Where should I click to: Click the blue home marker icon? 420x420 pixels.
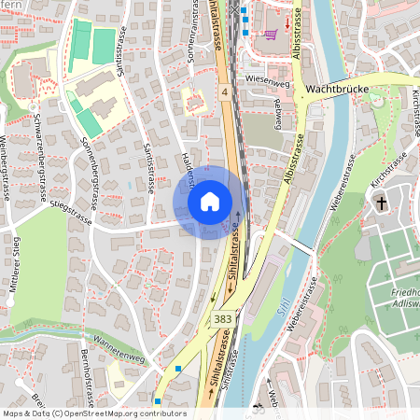point(210,201)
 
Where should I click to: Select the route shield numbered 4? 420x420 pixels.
point(225,92)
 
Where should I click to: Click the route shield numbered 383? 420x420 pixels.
point(223,319)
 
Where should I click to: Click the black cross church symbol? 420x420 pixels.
point(381,203)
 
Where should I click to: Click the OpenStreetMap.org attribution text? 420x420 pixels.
point(113,413)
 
